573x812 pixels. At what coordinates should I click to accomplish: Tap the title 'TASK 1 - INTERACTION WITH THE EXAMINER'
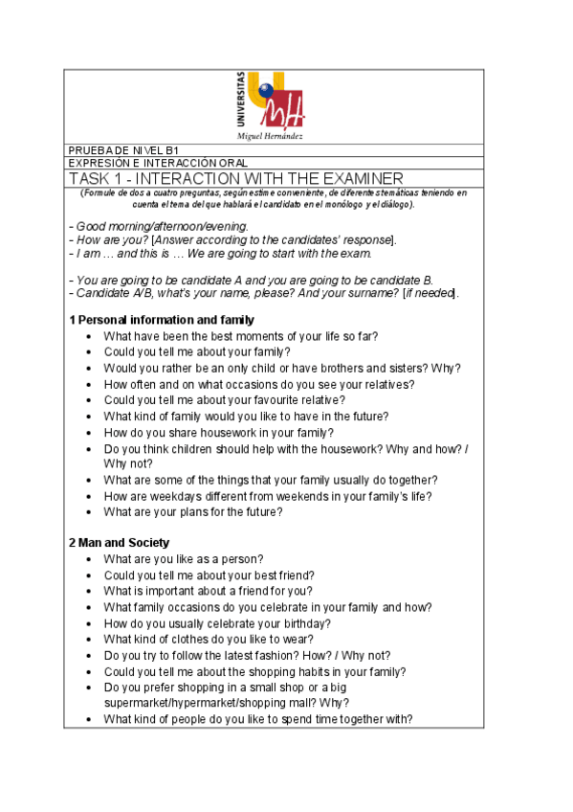(236, 179)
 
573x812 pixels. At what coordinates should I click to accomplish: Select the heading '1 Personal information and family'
(161, 319)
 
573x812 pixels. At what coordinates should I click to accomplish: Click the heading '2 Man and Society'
(119, 543)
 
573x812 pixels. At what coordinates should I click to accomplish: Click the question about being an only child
(282, 368)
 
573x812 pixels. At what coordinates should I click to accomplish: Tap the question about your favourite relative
(225, 399)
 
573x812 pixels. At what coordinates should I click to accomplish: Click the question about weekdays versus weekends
(268, 495)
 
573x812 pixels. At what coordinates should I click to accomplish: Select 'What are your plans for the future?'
(193, 511)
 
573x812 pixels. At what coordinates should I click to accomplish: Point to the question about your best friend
(209, 575)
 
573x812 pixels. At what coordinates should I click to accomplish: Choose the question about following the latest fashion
(247, 655)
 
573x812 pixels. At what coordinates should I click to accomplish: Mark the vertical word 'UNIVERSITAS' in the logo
(239, 100)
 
